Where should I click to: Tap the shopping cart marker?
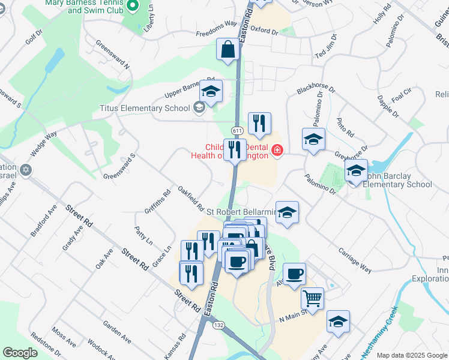pos(312,298)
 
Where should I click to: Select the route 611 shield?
pos(237,131)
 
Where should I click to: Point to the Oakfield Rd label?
pos(190,200)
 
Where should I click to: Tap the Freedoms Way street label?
pos(217,29)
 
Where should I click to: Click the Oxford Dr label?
pos(265,29)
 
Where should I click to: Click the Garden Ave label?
pos(116,332)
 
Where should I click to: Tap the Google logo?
pos(20,353)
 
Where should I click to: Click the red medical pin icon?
pos(277,151)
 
